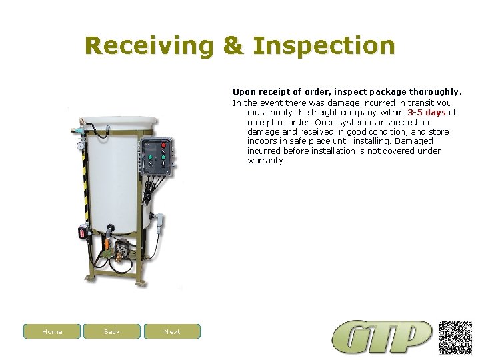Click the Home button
pyautogui.click(x=52, y=331)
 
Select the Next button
pyautogui.click(x=172, y=331)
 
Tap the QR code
pyautogui.click(x=455, y=337)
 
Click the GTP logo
pyautogui.click(x=383, y=337)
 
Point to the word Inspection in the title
pyautogui.click(x=325, y=46)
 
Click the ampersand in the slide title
pyautogui.click(x=233, y=46)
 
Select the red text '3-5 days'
pyautogui.click(x=426, y=113)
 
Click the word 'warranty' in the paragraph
pyautogui.click(x=266, y=161)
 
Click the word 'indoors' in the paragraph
pyautogui.click(x=262, y=141)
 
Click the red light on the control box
pyautogui.click(x=164, y=145)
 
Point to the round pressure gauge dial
pyautogui.click(x=80, y=146)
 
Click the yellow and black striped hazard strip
pyautogui.click(x=85, y=173)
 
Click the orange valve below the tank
pyautogui.click(x=107, y=245)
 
